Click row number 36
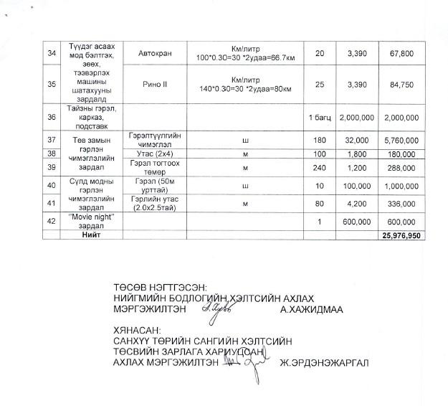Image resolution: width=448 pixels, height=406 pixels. pos(50,117)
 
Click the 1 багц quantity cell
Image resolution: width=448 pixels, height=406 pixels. pos(319,117)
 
